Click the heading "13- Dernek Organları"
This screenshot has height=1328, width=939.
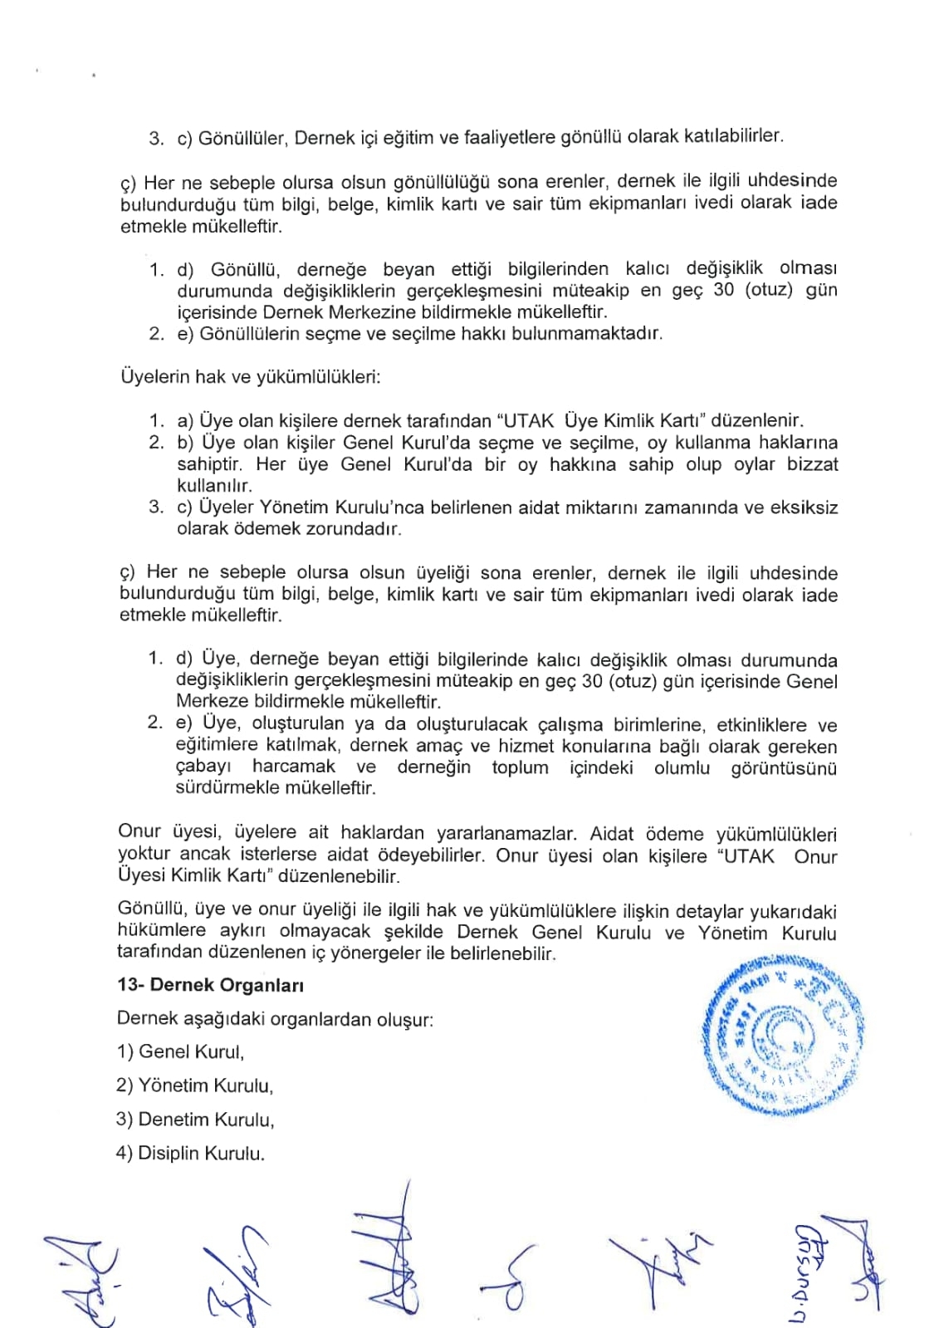(211, 986)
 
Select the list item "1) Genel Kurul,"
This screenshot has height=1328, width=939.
(180, 1052)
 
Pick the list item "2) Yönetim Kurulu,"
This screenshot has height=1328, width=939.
(194, 1085)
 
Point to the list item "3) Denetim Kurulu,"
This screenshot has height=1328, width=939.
(195, 1120)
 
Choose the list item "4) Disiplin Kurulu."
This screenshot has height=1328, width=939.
(190, 1154)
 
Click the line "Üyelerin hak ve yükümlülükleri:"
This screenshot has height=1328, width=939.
(251, 377)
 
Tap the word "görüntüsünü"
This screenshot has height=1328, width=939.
(784, 768)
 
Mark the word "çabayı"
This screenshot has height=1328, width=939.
(203, 767)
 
